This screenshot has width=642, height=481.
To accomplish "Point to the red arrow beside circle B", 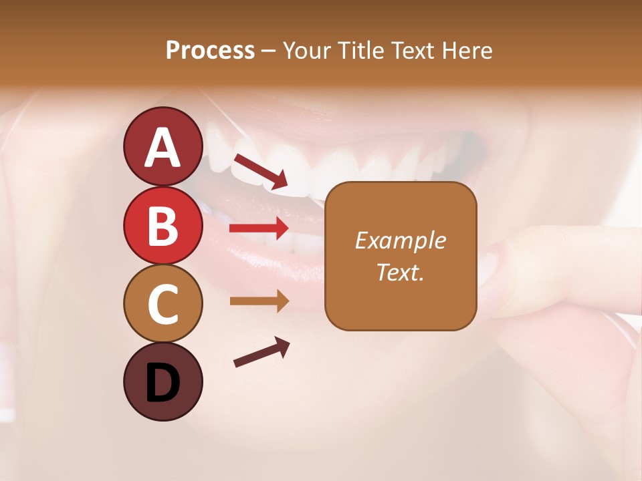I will (x=259, y=228).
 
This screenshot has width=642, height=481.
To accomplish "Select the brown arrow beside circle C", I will (x=259, y=301).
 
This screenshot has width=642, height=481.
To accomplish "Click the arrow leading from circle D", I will (x=261, y=352).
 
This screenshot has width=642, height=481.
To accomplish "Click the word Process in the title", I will (x=210, y=50).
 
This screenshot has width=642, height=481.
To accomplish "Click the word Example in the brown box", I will (x=400, y=240).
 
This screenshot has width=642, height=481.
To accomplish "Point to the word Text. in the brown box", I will (x=400, y=272).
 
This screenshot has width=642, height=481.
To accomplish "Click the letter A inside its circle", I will (x=163, y=148).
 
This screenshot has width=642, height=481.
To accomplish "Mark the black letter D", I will (x=163, y=383).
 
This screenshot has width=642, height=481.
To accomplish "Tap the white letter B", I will (x=163, y=226).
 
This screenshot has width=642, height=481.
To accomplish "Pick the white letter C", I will (x=163, y=305).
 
